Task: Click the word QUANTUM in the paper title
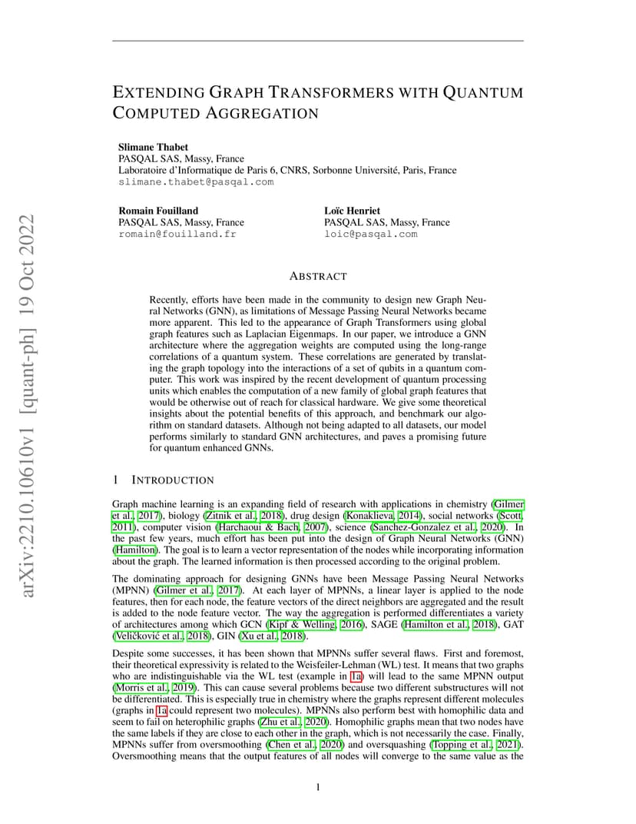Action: click(x=483, y=92)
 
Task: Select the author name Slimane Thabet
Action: click(x=153, y=147)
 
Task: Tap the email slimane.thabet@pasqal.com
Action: click(x=195, y=182)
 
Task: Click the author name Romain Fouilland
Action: click(x=158, y=211)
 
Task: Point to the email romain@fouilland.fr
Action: click(x=177, y=234)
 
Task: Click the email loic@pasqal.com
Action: click(x=370, y=234)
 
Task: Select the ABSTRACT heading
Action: click(x=318, y=276)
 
